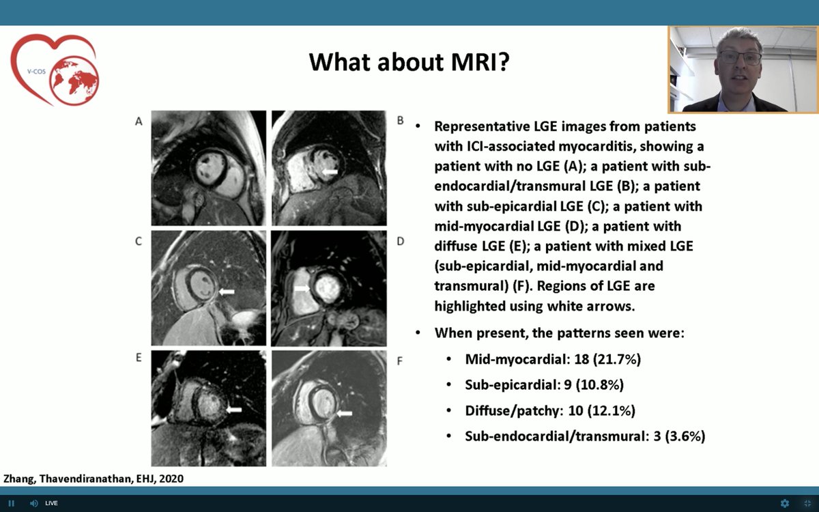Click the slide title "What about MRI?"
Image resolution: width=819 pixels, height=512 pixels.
point(409,61)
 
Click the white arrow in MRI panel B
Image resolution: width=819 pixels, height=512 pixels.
point(330,173)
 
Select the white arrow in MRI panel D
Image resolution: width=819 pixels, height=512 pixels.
point(302,289)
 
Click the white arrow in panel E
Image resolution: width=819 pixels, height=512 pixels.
point(233,409)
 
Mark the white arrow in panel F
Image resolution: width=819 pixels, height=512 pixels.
point(344,413)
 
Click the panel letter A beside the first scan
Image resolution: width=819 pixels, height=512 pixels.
point(139,122)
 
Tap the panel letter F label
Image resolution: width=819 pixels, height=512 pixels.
point(399,360)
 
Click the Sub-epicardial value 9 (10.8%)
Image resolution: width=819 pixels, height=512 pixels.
point(589,384)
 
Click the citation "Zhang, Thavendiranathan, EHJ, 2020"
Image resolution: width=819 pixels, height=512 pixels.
point(94,479)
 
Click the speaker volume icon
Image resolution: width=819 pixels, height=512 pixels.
point(33,503)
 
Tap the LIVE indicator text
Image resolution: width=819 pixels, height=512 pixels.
point(51,503)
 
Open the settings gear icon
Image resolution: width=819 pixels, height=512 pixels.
point(785,503)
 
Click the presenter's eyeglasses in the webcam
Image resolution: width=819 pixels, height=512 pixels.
point(739,58)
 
